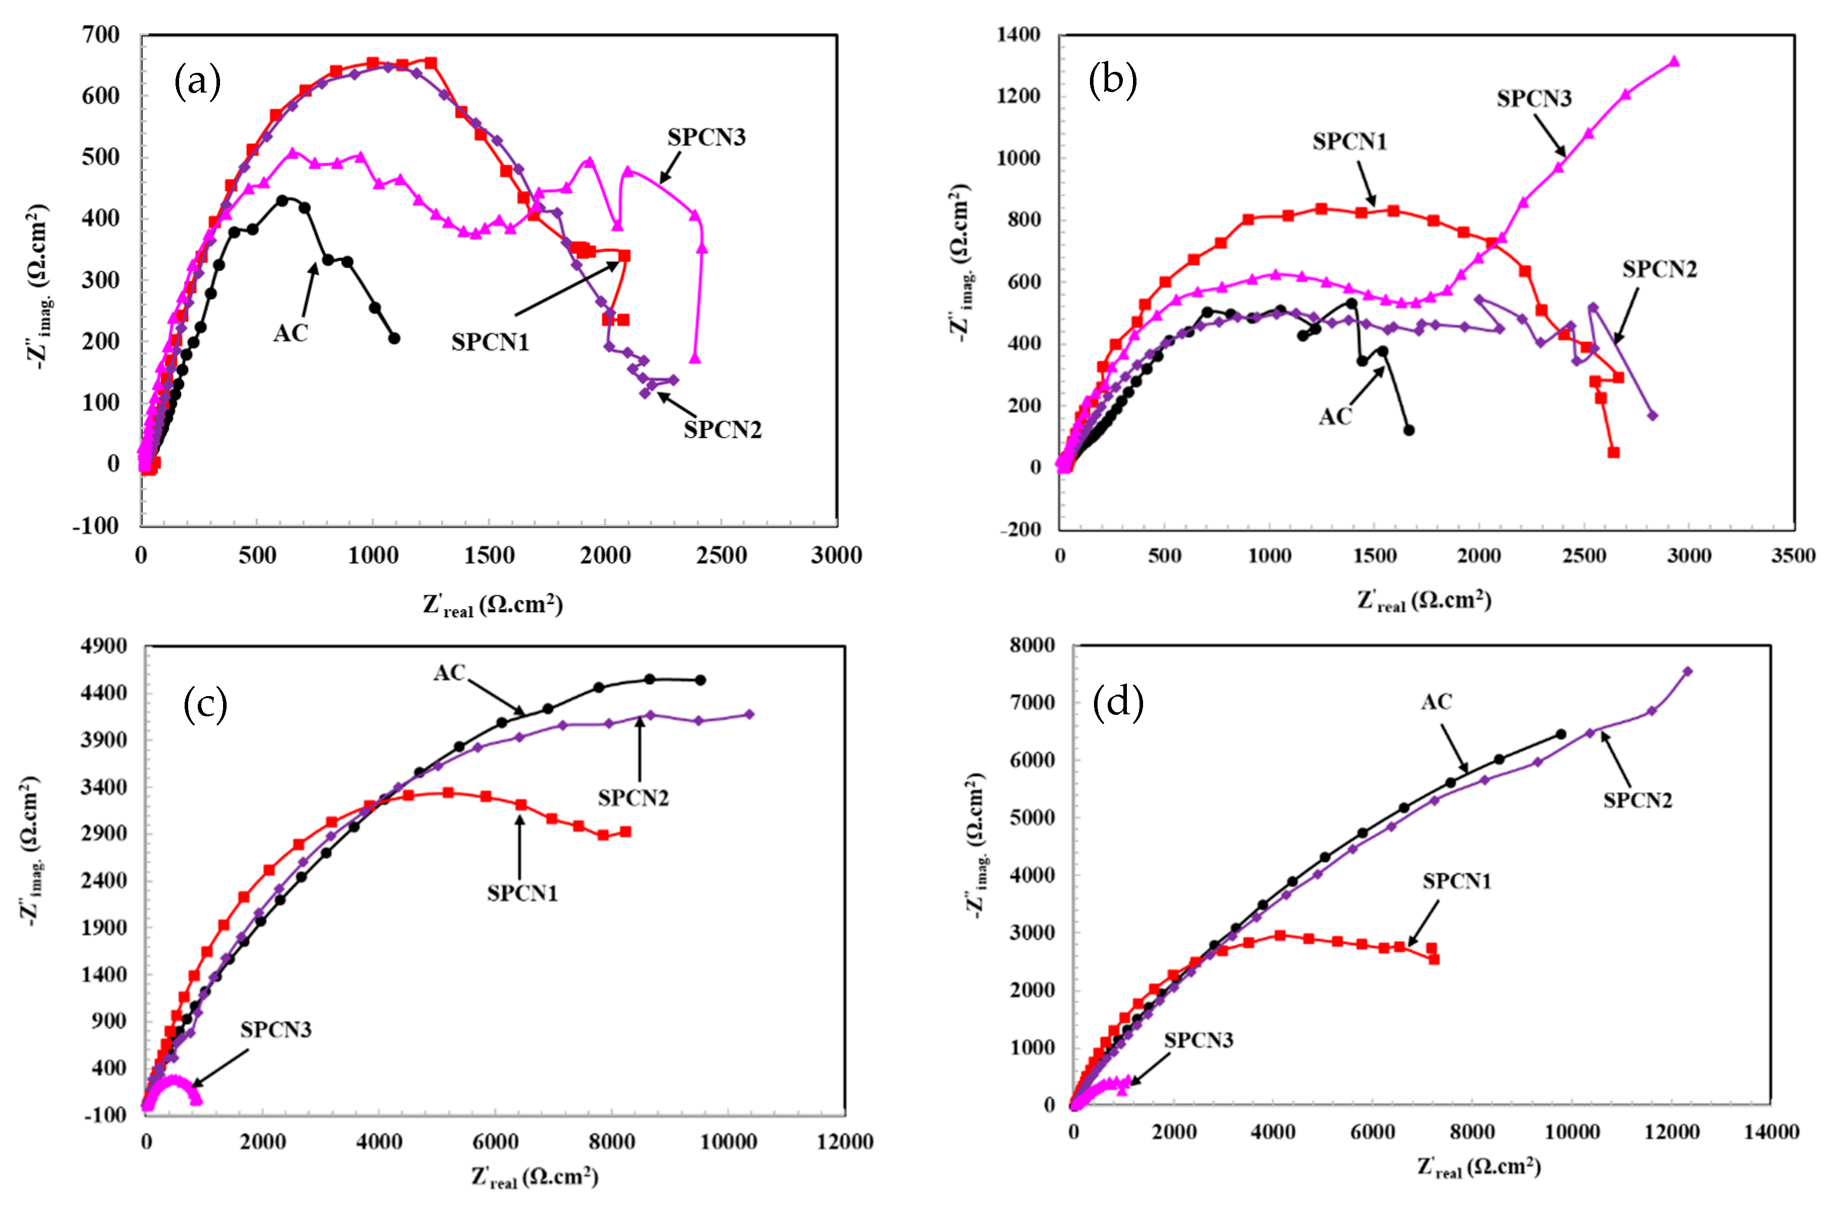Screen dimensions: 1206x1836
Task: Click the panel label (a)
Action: [197, 81]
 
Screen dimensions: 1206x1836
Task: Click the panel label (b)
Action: [1112, 80]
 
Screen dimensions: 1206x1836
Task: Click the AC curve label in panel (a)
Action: [291, 333]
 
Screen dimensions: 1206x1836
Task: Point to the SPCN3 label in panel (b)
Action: [1534, 99]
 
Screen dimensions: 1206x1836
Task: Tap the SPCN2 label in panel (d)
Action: [1637, 800]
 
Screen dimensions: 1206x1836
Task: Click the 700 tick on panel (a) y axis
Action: [101, 35]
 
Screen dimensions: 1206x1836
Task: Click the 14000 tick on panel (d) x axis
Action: [1771, 1132]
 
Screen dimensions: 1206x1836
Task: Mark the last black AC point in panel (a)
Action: [394, 338]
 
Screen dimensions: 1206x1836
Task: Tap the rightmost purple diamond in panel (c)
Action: [749, 714]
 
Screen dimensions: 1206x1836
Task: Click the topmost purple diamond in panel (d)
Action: [1687, 671]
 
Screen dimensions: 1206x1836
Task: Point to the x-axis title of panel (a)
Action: [492, 604]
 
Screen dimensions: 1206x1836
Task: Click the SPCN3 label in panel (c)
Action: [275, 1030]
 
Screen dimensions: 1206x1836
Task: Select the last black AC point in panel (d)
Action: [1561, 734]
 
